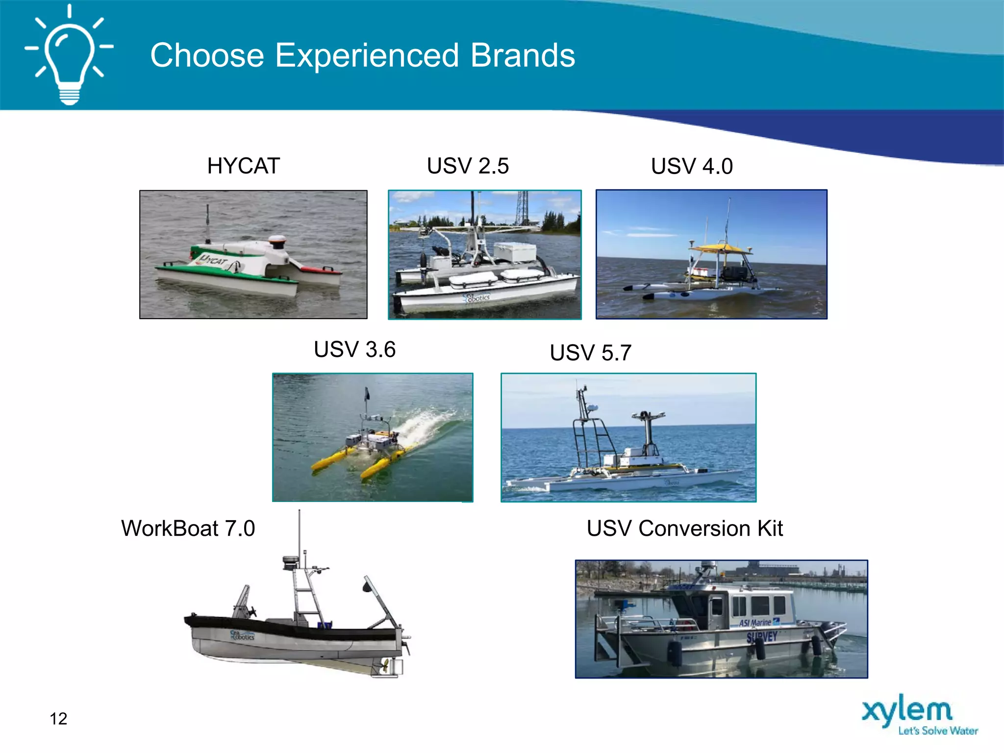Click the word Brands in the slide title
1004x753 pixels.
pyautogui.click(x=523, y=55)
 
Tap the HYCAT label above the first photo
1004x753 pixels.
pyautogui.click(x=244, y=166)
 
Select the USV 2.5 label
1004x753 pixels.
pyautogui.click(x=468, y=166)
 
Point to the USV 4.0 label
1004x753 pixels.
pyautogui.click(x=692, y=166)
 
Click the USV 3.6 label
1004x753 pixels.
pyautogui.click(x=354, y=350)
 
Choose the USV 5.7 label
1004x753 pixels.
pyautogui.click(x=590, y=353)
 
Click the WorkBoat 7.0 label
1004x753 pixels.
pyautogui.click(x=188, y=528)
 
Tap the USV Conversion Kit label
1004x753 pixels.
pyautogui.click(x=684, y=528)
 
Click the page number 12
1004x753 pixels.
pyautogui.click(x=58, y=719)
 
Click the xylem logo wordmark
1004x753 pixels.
pyautogui.click(x=907, y=711)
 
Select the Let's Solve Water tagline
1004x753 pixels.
pyautogui.click(x=937, y=731)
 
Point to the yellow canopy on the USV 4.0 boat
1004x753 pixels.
pyautogui.click(x=719, y=248)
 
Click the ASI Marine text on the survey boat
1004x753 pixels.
pyautogui.click(x=755, y=623)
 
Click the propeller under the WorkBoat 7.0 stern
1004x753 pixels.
pyautogui.click(x=385, y=666)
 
